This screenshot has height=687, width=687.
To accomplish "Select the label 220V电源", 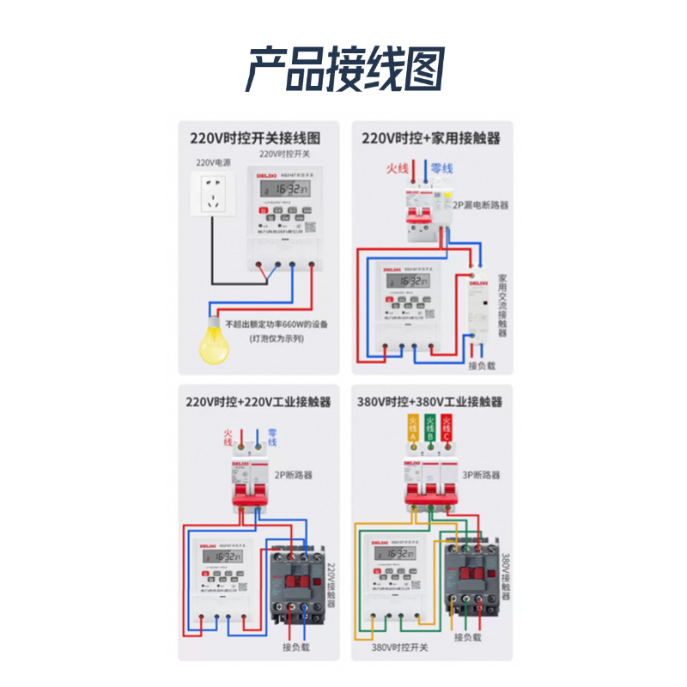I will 210,161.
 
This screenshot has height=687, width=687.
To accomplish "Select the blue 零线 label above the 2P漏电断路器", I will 441,168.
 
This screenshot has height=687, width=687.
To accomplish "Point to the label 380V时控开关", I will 399,647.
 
